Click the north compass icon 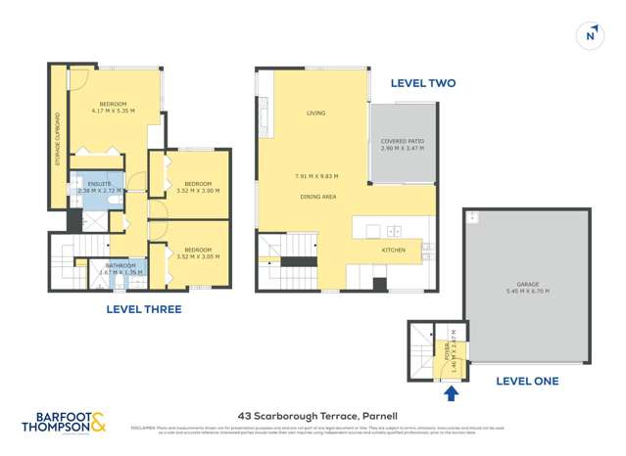tap(590, 34)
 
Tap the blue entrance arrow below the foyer tap(451, 393)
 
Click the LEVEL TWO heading tap(422, 83)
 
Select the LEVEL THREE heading tap(143, 309)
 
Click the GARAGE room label tap(526, 284)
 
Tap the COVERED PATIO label tap(402, 141)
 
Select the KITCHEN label tap(393, 250)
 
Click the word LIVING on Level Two tap(315, 114)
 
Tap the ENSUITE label tap(99, 183)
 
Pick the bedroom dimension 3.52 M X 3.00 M tap(198, 191)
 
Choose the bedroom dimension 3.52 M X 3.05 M tap(198, 256)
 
